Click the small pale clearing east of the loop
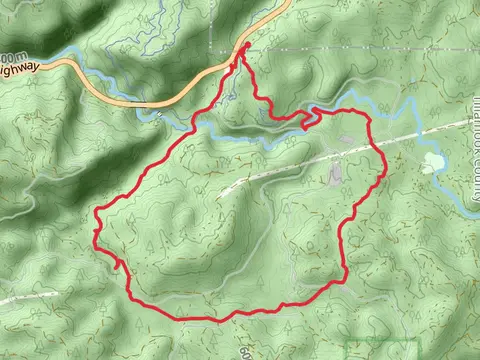(x=432, y=162)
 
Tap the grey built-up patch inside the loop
(x=334, y=175)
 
